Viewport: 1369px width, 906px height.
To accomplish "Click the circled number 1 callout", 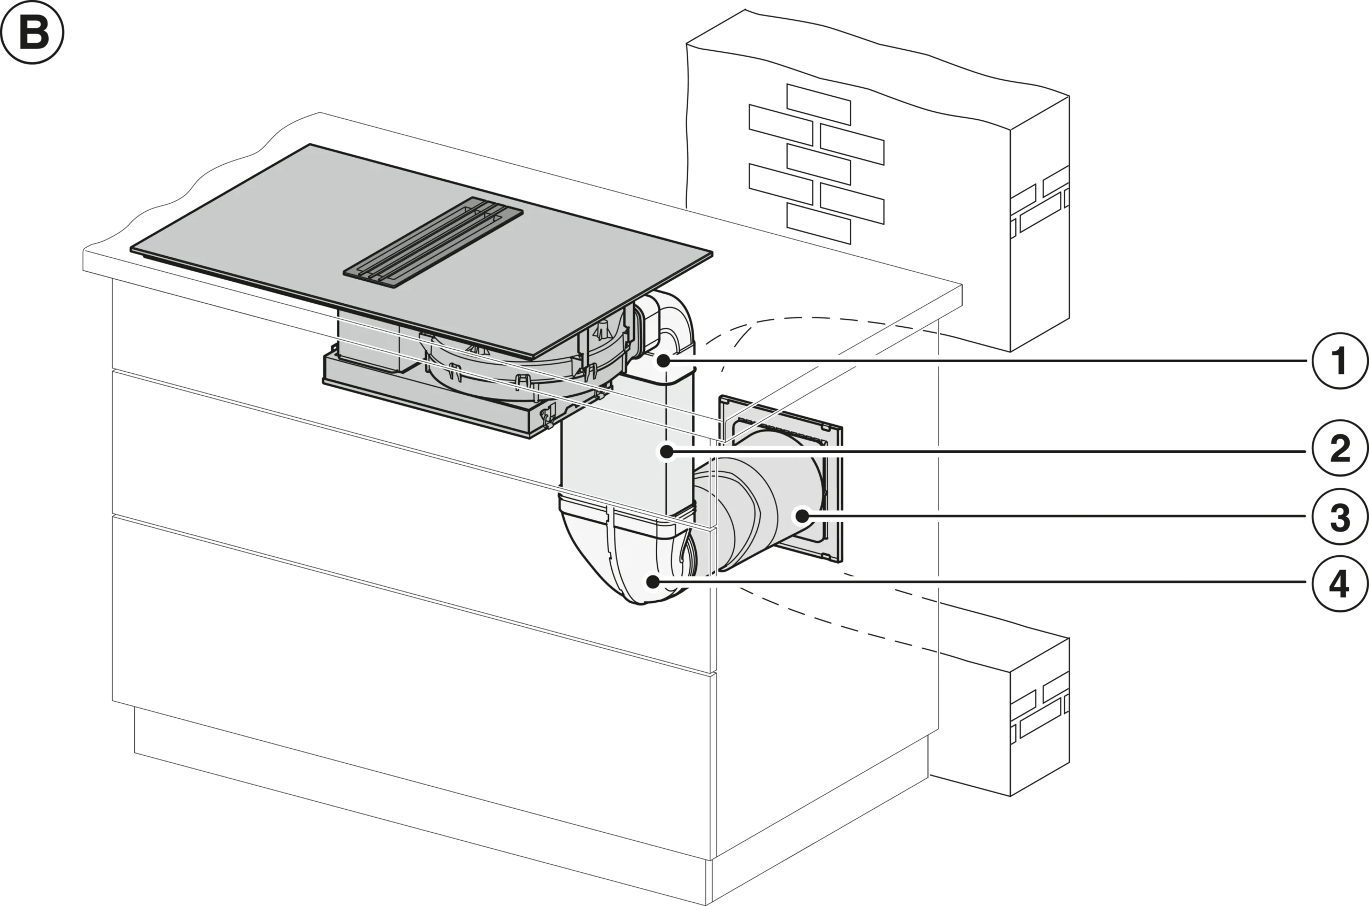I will [1339, 361].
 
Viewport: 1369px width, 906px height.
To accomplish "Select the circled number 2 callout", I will [1339, 450].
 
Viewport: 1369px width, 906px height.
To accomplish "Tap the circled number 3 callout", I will [1339, 516].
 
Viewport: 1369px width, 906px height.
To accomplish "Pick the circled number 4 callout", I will [1339, 582].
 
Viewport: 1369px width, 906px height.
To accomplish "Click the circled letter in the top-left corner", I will [34, 33].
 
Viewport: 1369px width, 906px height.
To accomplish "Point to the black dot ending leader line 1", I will [663, 361].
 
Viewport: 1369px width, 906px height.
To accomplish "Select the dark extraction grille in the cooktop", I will [433, 243].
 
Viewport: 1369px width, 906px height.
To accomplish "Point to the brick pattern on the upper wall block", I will [814, 162].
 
